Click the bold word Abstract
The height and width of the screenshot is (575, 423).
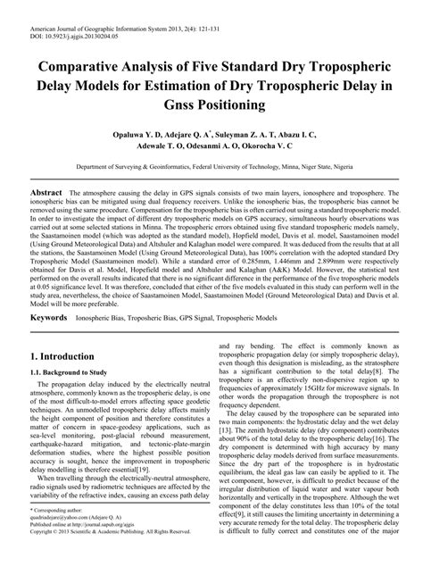pyautogui.click(x=46, y=193)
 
